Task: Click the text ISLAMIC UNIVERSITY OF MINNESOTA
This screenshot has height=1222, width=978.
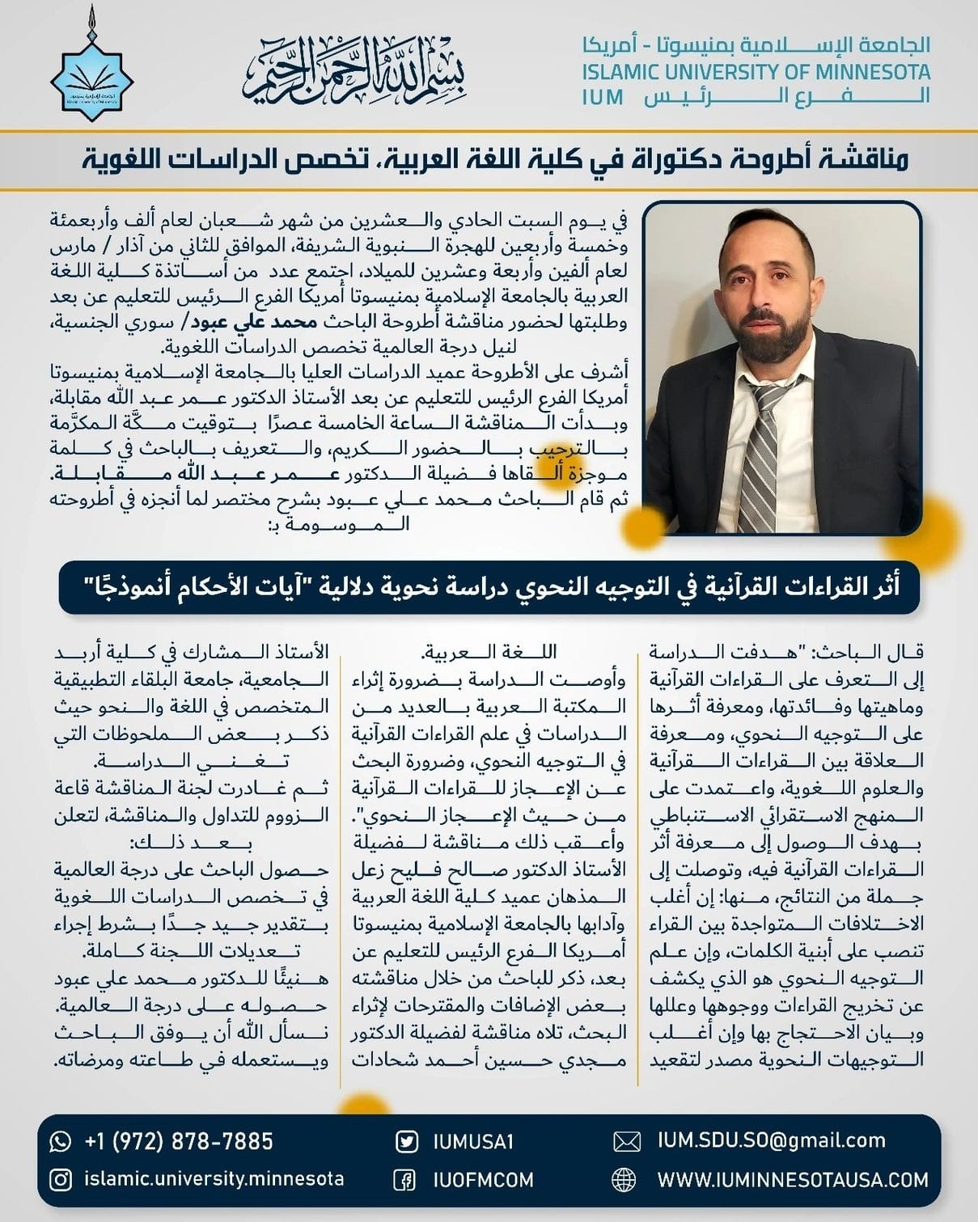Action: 756,71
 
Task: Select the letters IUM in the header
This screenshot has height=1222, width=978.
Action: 603,98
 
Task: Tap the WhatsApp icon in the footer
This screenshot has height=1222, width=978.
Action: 61,1141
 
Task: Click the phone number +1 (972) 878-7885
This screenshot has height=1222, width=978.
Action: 179,1141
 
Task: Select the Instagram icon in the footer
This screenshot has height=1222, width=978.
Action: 61,1180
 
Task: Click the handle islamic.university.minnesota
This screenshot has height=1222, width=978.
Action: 214,1179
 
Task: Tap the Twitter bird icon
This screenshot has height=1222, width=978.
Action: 406,1142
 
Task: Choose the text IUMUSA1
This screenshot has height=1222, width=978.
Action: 473,1142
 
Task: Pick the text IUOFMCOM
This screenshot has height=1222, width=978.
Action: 483,1180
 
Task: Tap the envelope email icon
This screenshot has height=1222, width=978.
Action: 626,1142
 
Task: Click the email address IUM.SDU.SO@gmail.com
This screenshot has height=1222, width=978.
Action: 772,1141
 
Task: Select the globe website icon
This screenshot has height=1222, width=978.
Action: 624,1180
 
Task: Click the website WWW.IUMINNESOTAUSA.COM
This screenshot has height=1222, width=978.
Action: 793,1180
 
